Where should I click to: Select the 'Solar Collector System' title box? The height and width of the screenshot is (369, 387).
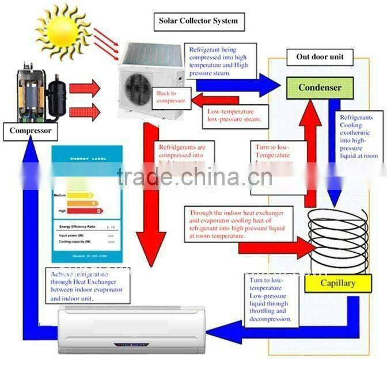pos(198,22)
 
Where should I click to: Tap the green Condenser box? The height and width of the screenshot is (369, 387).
pos(319,88)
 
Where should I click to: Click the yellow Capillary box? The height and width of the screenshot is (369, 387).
pos(337,283)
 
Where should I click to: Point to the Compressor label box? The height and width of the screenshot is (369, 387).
pos(30,131)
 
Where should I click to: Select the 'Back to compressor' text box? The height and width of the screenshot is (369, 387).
pos(170,97)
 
